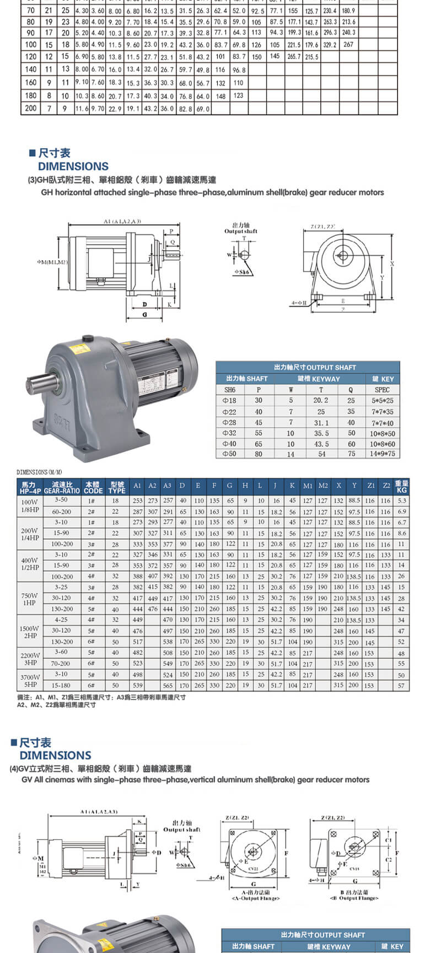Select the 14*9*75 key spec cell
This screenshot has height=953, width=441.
[382, 454]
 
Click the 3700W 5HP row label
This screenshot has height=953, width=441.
[30, 680]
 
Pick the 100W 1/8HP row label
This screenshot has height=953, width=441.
[30, 505]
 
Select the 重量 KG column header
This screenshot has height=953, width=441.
[401, 487]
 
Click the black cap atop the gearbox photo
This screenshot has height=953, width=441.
[88, 339]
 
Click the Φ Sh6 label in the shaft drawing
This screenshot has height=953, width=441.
[241, 272]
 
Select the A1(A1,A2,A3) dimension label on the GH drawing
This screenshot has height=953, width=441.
[122, 221]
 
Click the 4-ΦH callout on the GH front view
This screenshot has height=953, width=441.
[299, 303]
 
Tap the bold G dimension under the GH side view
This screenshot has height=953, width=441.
[144, 314]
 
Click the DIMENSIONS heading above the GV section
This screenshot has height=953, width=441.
[55, 755]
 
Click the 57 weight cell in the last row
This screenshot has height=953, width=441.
[401, 686]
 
